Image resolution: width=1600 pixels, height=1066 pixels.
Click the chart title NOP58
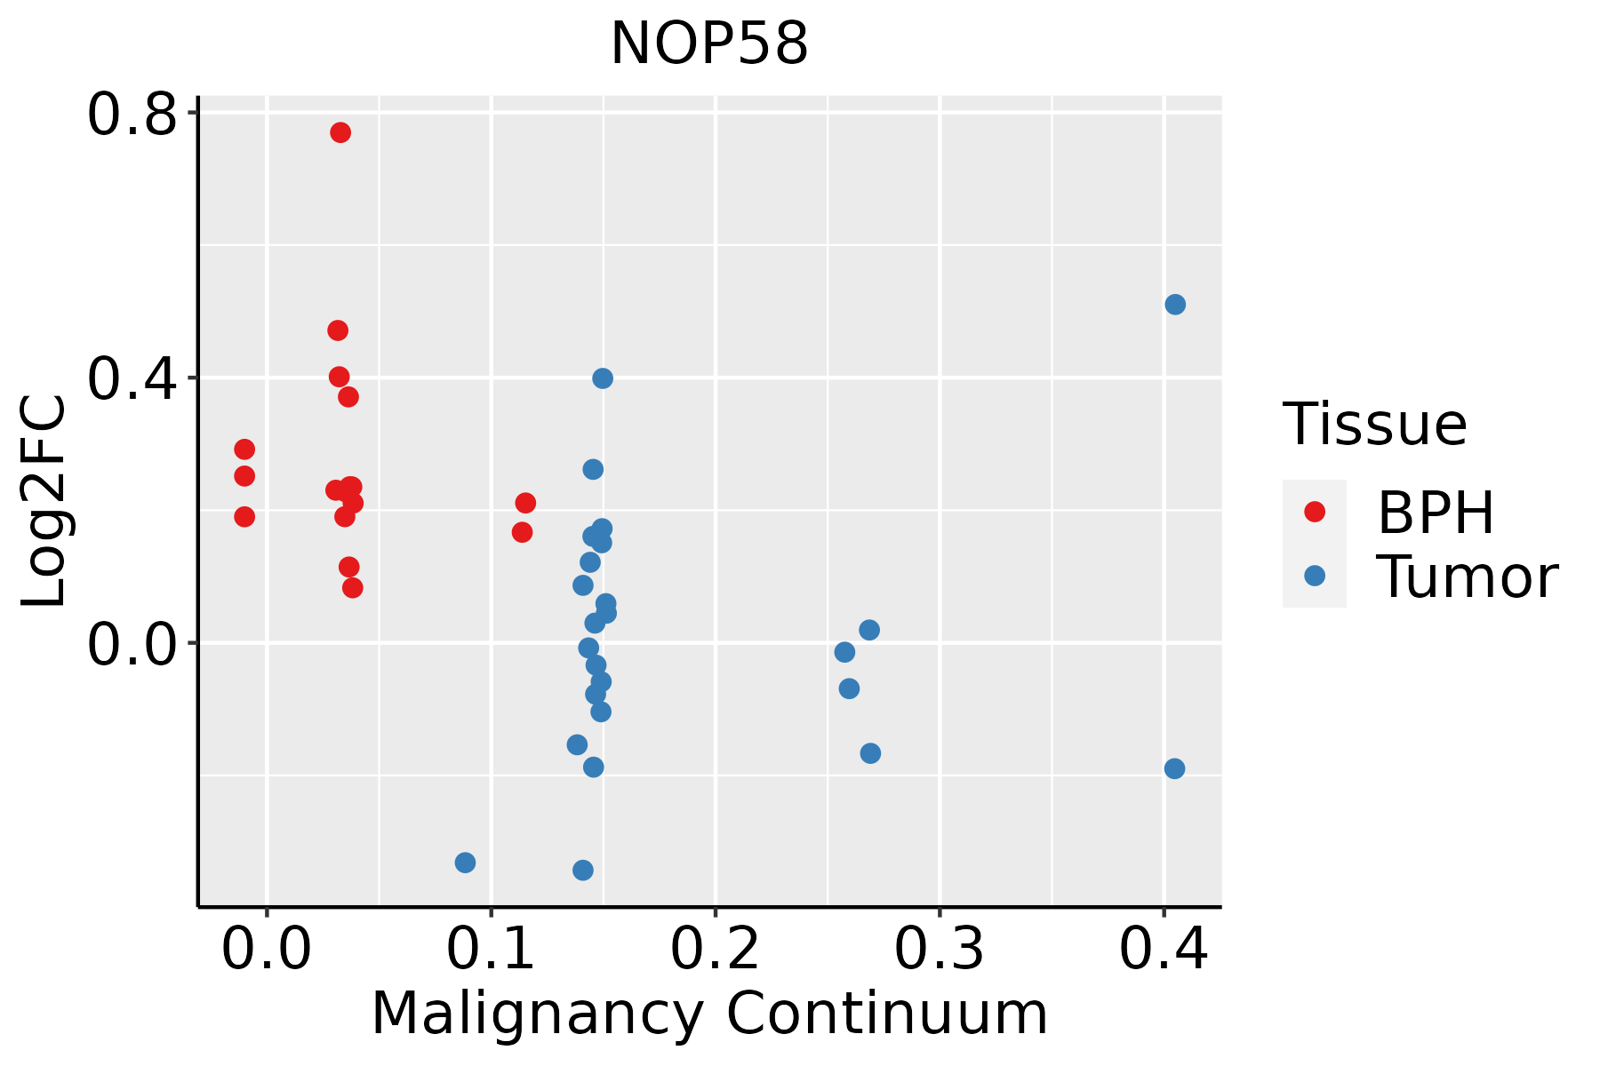[709, 44]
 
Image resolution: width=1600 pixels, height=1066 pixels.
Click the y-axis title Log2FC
[44, 502]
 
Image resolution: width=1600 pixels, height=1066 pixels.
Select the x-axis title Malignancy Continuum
[709, 1014]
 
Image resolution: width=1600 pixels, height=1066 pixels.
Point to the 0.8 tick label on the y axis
[132, 116]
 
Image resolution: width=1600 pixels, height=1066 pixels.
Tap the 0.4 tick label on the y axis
[132, 379]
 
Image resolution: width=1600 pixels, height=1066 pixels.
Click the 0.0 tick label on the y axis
[132, 645]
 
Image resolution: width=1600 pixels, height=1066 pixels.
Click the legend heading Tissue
[1375, 425]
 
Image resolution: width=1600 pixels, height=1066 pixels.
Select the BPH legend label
[1436, 513]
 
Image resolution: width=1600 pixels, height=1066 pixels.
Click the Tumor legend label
[1468, 577]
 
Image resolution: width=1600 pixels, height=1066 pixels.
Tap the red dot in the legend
[1314, 512]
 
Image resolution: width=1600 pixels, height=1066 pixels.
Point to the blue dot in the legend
[1314, 576]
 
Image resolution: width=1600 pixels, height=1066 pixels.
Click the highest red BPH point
[340, 132]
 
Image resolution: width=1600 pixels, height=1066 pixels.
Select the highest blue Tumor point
[1175, 305]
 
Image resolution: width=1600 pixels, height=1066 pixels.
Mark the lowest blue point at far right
[1174, 768]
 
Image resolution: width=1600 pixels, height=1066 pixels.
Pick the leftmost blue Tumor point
[465, 863]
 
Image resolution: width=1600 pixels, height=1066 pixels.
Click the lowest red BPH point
[353, 587]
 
